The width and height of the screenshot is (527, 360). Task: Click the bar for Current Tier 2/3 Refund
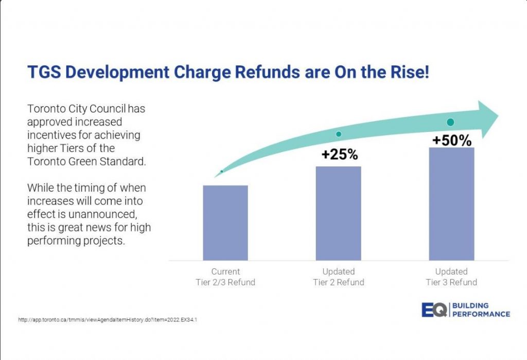(225, 222)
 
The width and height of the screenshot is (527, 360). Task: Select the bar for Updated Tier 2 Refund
(338, 213)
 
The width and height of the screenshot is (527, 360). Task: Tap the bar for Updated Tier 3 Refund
(451, 204)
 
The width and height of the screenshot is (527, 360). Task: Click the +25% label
(339, 154)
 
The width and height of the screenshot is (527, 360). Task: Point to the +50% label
(451, 140)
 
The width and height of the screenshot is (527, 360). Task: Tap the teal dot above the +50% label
(450, 122)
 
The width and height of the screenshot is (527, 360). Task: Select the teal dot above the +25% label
(339, 134)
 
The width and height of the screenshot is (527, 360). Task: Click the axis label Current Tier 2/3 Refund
(225, 277)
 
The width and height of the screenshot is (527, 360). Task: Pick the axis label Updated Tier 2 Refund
(338, 277)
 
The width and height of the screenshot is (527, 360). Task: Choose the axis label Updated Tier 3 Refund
(451, 277)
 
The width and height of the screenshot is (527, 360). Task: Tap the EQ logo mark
(433, 310)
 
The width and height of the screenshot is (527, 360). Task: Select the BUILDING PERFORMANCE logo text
(481, 310)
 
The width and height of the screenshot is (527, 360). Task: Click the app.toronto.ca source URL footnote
(108, 320)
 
